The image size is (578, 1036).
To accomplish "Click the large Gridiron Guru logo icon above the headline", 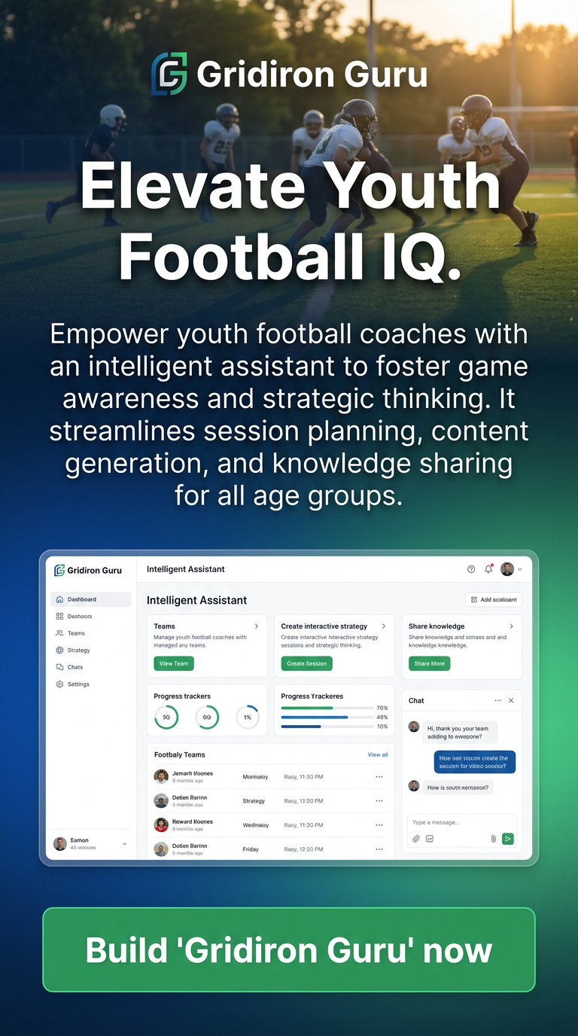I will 169,74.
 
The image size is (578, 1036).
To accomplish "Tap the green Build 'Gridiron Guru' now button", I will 289,949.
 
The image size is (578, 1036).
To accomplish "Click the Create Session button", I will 306,663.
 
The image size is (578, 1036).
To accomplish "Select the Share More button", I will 429,663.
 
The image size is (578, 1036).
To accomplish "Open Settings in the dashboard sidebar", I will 78,684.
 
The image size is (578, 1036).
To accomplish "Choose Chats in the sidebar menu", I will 75,667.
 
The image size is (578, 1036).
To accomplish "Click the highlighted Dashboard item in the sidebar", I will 90,599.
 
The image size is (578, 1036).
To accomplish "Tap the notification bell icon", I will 488,569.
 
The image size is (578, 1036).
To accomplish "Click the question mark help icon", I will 471,569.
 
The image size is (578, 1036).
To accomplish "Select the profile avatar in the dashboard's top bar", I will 507,569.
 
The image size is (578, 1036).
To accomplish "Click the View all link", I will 378,754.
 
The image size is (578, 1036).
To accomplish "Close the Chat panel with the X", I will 511,700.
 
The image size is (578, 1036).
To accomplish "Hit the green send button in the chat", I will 508,838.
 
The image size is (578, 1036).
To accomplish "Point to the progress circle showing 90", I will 166,718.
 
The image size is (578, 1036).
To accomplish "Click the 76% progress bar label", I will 382,708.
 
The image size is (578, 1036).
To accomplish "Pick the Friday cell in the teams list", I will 251,849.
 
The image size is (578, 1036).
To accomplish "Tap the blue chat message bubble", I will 475,762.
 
